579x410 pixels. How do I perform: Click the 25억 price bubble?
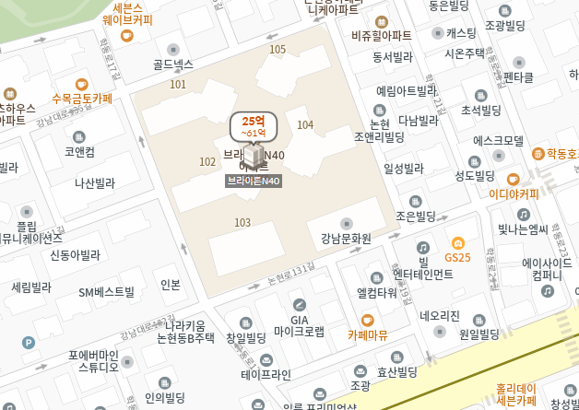click(254, 126)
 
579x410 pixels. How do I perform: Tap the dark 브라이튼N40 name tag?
click(254, 182)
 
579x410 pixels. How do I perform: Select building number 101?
click(178, 85)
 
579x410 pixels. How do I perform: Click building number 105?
click(278, 49)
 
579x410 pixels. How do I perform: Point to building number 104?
click(306, 124)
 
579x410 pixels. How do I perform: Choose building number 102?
click(207, 161)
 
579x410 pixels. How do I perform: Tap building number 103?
click(242, 222)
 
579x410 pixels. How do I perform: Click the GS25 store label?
click(457, 256)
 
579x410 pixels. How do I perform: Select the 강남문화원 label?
click(346, 238)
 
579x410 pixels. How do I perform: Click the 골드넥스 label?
click(173, 64)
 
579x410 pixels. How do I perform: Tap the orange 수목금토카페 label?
click(82, 97)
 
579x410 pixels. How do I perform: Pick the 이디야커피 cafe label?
click(514, 193)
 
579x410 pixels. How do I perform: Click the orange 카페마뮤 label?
click(367, 334)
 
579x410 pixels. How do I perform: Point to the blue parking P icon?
click(29, 343)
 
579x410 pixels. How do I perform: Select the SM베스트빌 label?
click(106, 292)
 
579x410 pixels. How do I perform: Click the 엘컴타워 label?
click(376, 292)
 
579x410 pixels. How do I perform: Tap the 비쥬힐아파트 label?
click(382, 35)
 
